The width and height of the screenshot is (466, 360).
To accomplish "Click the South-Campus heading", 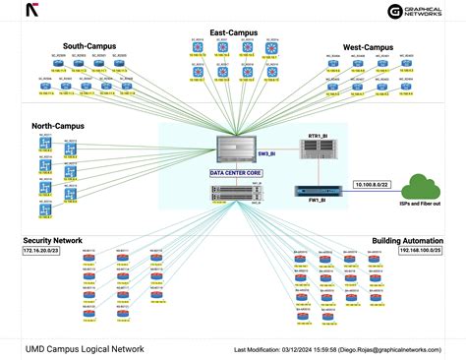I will (x=89, y=45).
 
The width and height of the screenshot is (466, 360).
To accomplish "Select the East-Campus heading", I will (x=235, y=31).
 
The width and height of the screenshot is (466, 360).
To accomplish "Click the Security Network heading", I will (x=53, y=240).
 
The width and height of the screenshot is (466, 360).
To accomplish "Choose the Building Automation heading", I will (x=407, y=240).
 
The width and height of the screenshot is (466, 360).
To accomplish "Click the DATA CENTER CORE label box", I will (x=235, y=173).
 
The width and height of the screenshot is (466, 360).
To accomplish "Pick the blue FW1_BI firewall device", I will (x=318, y=192).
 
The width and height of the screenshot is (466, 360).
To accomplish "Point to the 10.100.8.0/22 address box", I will (x=372, y=184).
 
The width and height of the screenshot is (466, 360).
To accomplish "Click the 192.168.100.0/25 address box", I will (x=418, y=251).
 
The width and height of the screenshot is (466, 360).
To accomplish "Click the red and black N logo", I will (x=33, y=12).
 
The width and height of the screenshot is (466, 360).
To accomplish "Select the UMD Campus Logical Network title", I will (x=85, y=348).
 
